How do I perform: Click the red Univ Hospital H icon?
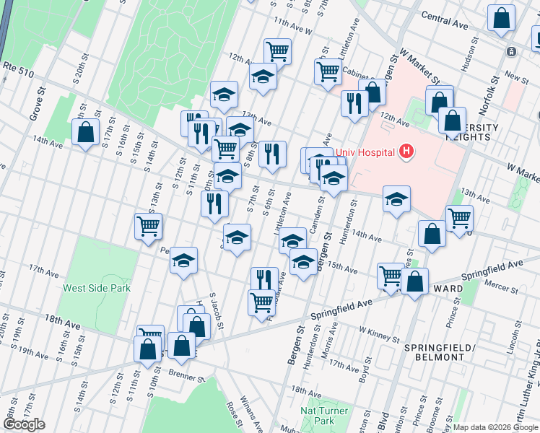[406, 152]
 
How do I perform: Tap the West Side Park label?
[97, 288]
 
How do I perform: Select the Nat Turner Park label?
[324, 416]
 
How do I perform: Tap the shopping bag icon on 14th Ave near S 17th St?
[86, 133]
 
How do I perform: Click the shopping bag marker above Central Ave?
[501, 19]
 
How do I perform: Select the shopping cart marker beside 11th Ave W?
[277, 51]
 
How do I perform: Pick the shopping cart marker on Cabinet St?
[328, 71]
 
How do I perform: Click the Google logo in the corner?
[24, 424]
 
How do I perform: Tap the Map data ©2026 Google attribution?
[495, 427]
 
